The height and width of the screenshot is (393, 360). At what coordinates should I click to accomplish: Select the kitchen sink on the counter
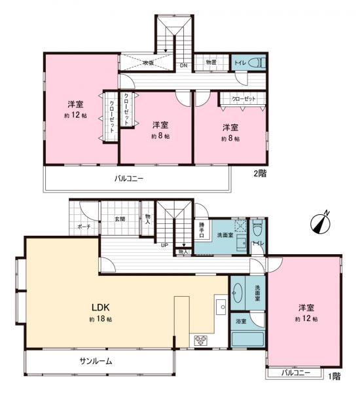pyautogui.click(x=221, y=306)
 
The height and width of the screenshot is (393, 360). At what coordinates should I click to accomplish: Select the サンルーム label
pyautogui.click(x=96, y=361)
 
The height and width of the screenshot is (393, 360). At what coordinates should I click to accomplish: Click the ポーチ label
pyautogui.click(x=84, y=226)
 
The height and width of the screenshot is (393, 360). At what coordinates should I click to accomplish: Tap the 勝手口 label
pyautogui.click(x=203, y=231)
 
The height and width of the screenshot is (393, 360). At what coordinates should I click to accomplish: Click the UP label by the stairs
pyautogui.click(x=164, y=246)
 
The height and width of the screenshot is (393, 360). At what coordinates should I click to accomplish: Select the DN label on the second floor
pyautogui.click(x=183, y=65)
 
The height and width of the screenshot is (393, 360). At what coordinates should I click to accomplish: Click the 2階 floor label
pyautogui.click(x=259, y=174)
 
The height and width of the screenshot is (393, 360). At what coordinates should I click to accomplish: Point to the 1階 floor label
pyautogui.click(x=334, y=376)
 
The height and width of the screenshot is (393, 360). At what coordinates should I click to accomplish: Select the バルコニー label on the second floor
pyautogui.click(x=129, y=178)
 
